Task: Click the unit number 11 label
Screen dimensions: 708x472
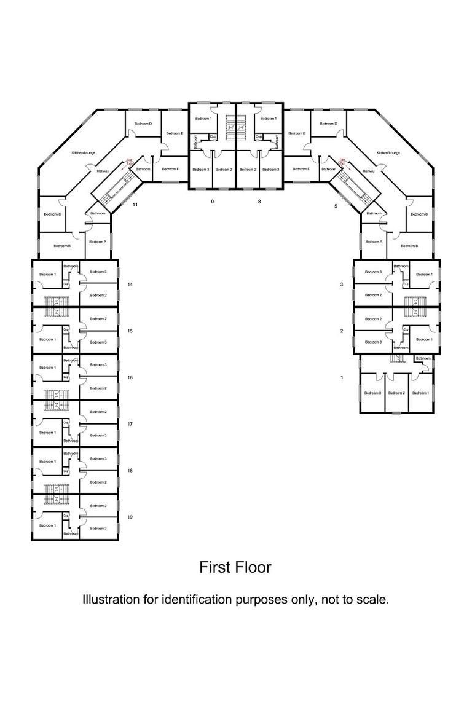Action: pos(135,203)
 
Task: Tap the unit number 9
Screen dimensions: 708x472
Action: pos(212,201)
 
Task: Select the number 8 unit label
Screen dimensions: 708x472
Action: pos(259,201)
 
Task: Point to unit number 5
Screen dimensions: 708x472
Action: pos(336,206)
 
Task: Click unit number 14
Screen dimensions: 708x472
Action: pos(130,285)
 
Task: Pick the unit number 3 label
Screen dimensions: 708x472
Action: pos(342,285)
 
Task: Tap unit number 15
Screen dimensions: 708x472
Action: pos(130,331)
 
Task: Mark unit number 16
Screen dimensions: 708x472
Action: pos(130,377)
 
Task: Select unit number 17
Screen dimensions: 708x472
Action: pos(130,424)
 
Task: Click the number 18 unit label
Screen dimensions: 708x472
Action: pos(130,470)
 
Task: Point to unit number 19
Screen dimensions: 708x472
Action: pos(130,517)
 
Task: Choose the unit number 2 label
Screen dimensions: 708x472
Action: pos(342,331)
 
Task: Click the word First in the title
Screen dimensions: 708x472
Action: pos(214,567)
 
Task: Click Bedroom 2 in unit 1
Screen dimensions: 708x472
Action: pos(396,393)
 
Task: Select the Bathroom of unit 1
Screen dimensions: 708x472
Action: pos(423,358)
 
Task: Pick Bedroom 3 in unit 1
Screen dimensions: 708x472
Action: pos(372,393)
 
